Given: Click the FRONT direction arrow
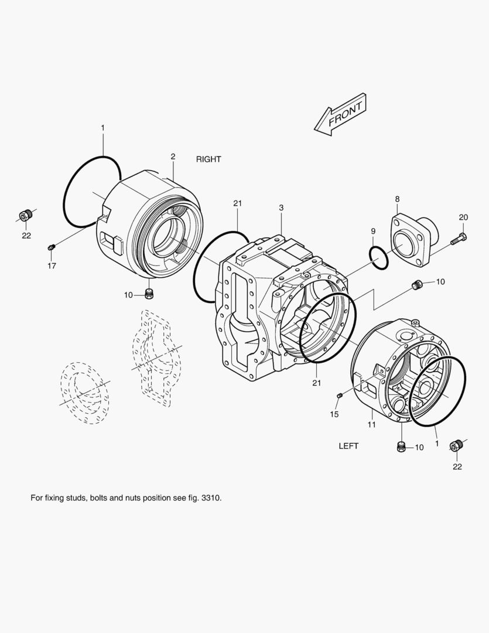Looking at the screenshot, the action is [341, 115].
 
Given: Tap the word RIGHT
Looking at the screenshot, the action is [208, 159].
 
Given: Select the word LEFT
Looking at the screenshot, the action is [348, 446].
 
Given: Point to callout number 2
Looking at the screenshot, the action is [173, 156].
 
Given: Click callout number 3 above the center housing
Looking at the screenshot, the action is [281, 208].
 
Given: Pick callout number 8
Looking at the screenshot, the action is [398, 199].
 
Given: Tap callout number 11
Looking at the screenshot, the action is [372, 424].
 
